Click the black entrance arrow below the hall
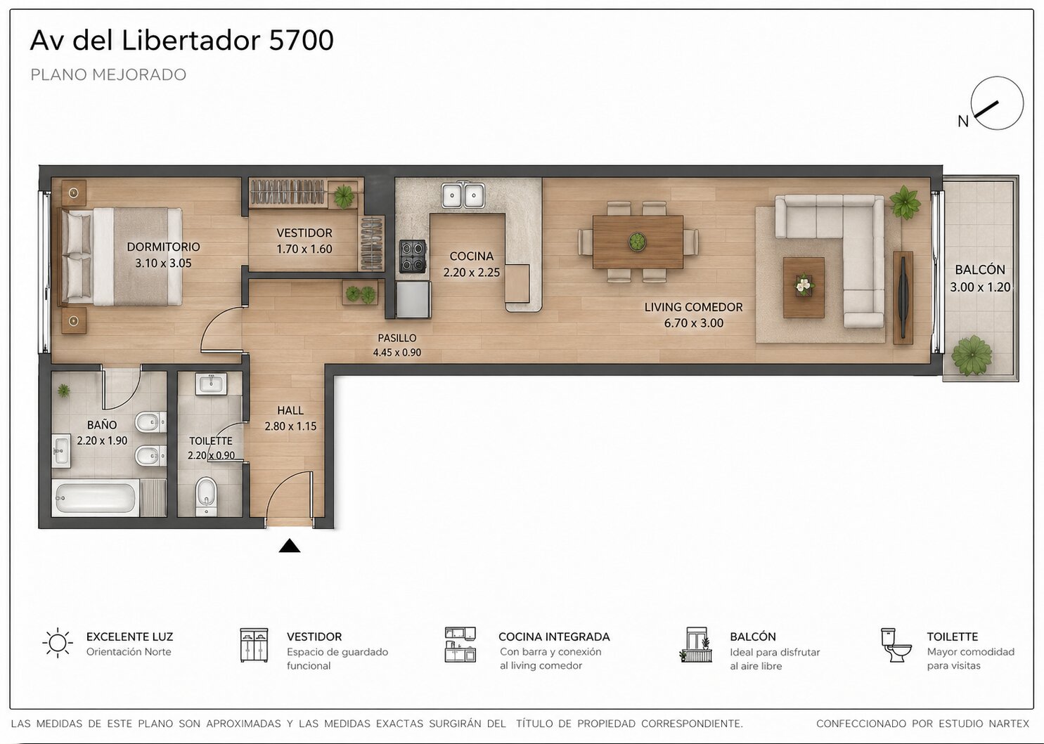pyautogui.click(x=290, y=546)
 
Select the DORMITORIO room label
pyautogui.click(x=163, y=247)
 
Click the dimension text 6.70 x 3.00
pyautogui.click(x=693, y=323)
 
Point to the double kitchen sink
pyautogui.click(x=463, y=195)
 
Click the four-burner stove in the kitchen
pyautogui.click(x=413, y=256)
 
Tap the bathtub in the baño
pyautogui.click(x=96, y=498)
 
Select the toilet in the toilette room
pyautogui.click(x=205, y=496)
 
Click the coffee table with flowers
pyautogui.click(x=804, y=287)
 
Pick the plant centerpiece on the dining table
pyautogui.click(x=637, y=241)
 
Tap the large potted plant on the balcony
pyautogui.click(x=972, y=355)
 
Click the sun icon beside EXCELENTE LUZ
pyautogui.click(x=58, y=643)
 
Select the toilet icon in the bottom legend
pyautogui.click(x=896, y=645)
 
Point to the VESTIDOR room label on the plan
pyautogui.click(x=304, y=233)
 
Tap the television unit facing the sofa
pyautogui.click(x=903, y=298)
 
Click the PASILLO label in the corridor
pyautogui.click(x=397, y=338)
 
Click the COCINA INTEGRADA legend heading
pyautogui.click(x=554, y=637)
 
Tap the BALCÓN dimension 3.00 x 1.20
pyautogui.click(x=980, y=287)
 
